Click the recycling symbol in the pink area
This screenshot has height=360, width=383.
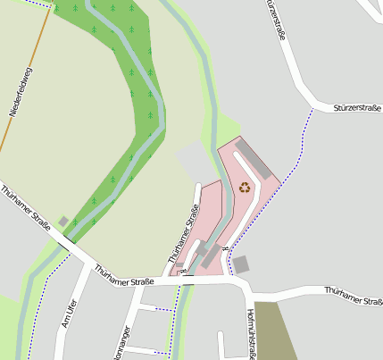coord(245,187)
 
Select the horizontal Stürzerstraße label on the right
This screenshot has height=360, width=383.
coord(357,107)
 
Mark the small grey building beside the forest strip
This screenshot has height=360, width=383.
coord(63,221)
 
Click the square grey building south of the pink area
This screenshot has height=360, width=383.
coord(241,264)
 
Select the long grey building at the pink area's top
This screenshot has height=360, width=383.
coord(252,155)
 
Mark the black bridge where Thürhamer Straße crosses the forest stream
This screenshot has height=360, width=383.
coord(68,241)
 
